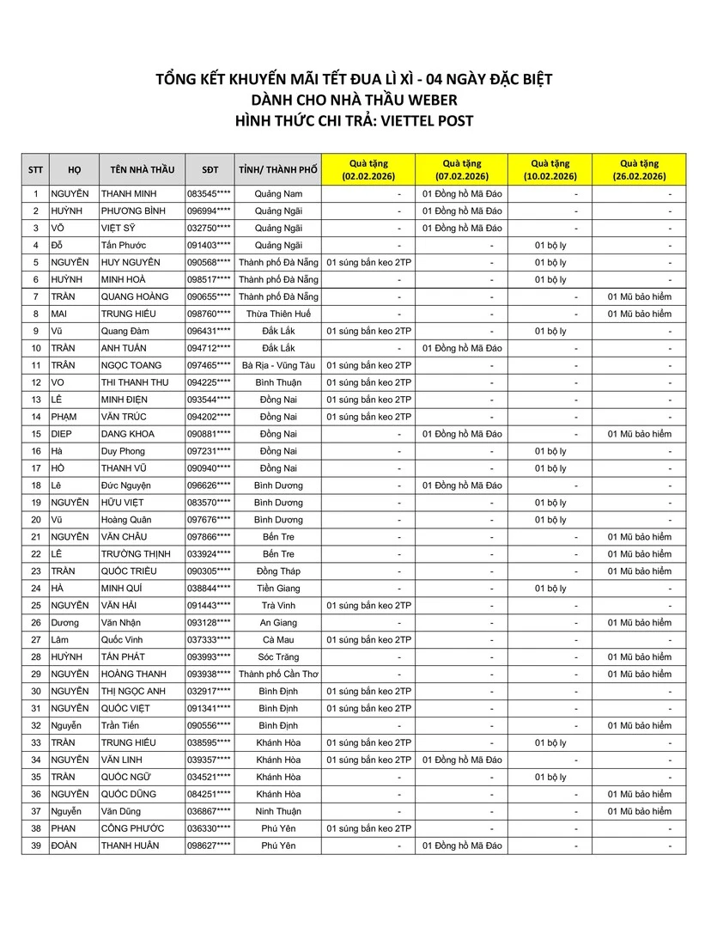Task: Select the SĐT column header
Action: (210, 169)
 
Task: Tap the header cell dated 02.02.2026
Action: (368, 169)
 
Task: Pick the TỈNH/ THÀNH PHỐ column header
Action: (278, 169)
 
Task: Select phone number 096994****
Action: (210, 211)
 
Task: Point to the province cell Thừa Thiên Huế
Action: (278, 314)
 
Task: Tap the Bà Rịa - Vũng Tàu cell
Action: (278, 365)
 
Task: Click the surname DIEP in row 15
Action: (65, 434)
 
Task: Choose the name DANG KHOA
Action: (128, 434)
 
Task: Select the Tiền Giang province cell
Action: (278, 589)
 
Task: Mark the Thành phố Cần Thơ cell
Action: (278, 675)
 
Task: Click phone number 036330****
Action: (210, 828)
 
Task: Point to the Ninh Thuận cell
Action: (278, 811)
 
